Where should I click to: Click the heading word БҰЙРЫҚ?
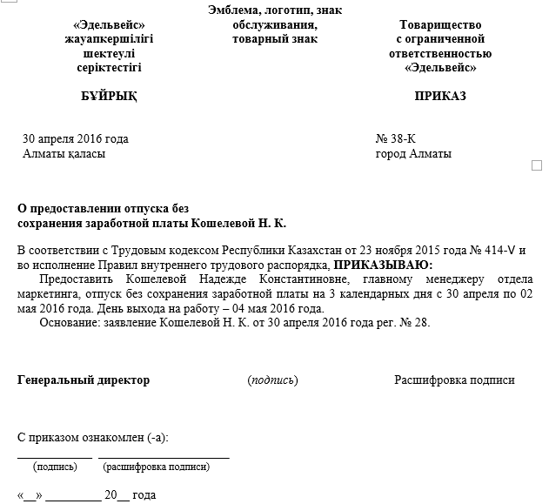[x=108, y=96]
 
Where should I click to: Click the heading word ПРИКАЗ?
[x=441, y=96]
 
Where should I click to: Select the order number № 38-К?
[x=396, y=138]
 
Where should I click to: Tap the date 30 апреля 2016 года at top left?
[x=75, y=138]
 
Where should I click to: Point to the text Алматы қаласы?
[x=64, y=154]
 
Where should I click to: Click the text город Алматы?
[x=413, y=154]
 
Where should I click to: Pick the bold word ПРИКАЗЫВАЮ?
[x=383, y=265]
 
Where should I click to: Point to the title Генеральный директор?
[x=84, y=380]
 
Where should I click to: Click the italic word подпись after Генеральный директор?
[x=272, y=380]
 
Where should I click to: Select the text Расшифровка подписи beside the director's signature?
[x=454, y=380]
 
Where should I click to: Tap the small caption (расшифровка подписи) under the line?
[x=156, y=467]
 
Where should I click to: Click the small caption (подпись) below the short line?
[x=56, y=467]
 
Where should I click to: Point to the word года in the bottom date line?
[x=144, y=495]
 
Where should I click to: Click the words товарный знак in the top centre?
[x=275, y=39]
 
